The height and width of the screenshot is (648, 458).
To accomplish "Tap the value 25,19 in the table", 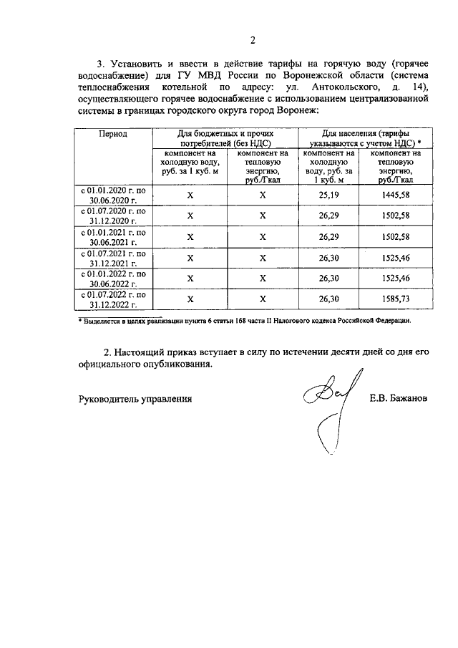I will (328, 194).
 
